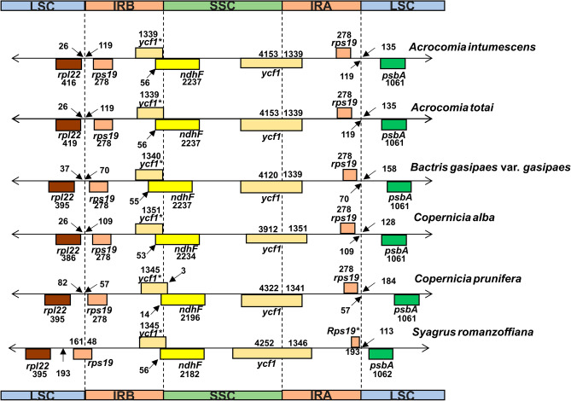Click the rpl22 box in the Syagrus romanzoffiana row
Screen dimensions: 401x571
coord(38,353)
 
